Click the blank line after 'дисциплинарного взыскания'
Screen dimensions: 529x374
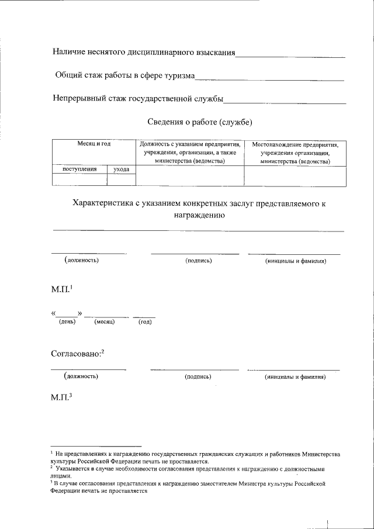pyautogui.click(x=290, y=56)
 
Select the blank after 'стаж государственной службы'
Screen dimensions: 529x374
pyautogui.click(x=285, y=102)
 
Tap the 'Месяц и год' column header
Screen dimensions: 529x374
pyautogui.click(x=94, y=144)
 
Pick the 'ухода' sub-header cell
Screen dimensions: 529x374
pyautogui.click(x=121, y=170)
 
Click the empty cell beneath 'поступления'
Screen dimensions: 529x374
pyautogui.click(x=79, y=179)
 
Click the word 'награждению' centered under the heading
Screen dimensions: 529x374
pyautogui.click(x=199, y=215)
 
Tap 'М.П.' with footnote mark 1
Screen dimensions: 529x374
pyautogui.click(x=60, y=289)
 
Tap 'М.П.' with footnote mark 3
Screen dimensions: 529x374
pyautogui.click(x=60, y=398)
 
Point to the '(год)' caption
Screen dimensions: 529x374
pyautogui.click(x=144, y=322)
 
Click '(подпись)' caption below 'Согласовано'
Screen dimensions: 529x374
pyautogui.click(x=198, y=377)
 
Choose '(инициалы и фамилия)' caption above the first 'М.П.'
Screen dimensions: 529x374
pyautogui.click(x=295, y=261)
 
